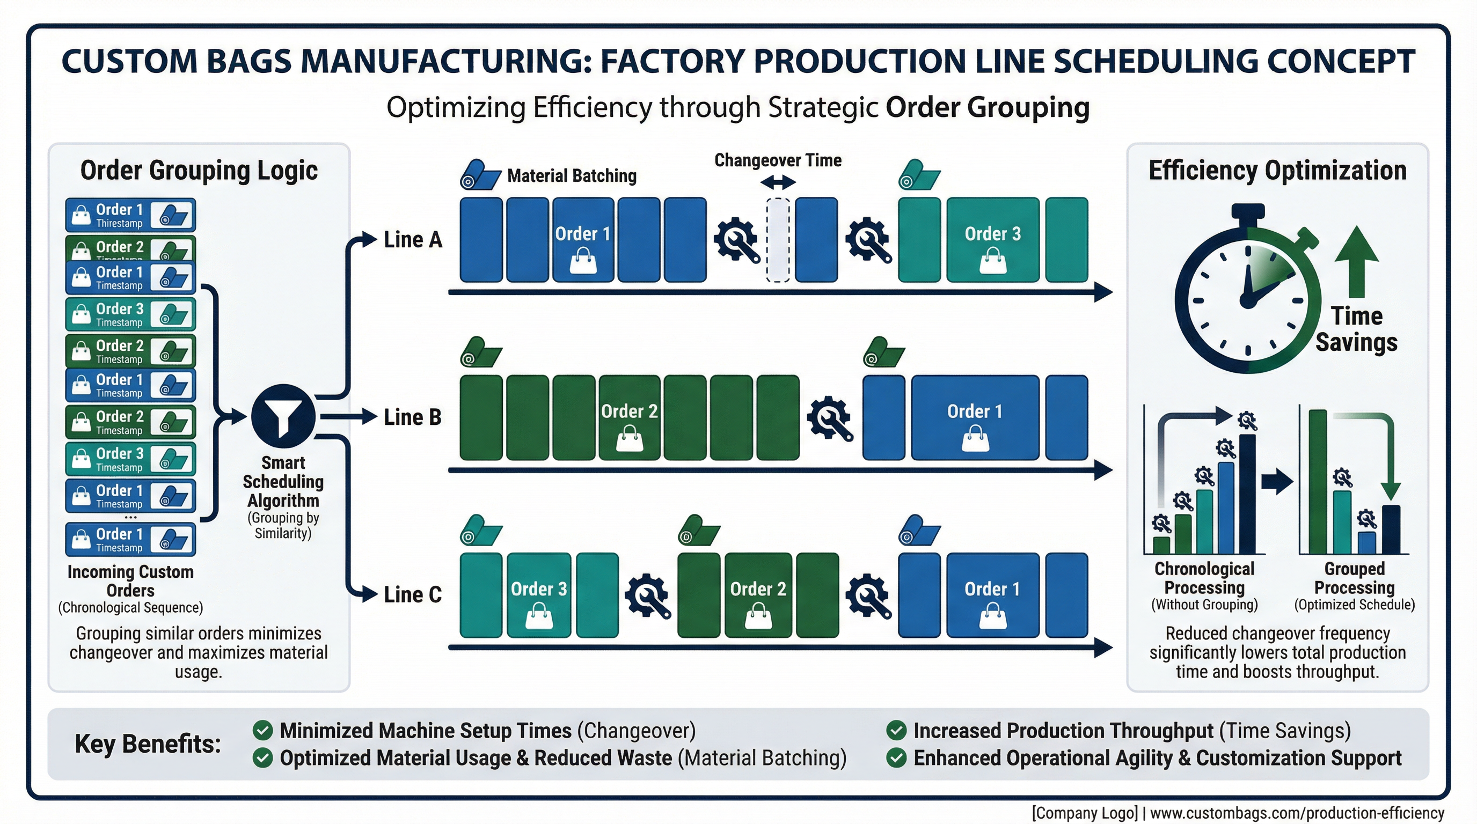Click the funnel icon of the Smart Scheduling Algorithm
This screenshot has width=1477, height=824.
pyautogui.click(x=283, y=417)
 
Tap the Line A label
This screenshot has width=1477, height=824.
pyautogui.click(x=413, y=239)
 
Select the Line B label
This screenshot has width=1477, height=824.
pyautogui.click(x=413, y=417)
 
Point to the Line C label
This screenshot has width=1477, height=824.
pyautogui.click(x=413, y=595)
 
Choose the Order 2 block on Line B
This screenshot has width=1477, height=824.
pyautogui.click(x=629, y=418)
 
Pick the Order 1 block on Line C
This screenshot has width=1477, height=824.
pyautogui.click(x=992, y=595)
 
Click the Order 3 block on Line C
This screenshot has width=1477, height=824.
pyautogui.click(x=538, y=595)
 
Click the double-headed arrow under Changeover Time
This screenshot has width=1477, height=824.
pyautogui.click(x=778, y=183)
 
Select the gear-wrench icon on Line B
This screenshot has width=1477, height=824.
pyautogui.click(x=829, y=418)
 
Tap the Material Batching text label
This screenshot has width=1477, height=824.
pyautogui.click(x=572, y=176)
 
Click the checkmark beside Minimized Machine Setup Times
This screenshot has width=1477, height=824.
pyautogui.click(x=262, y=731)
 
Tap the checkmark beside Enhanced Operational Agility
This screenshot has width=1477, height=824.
pyautogui.click(x=896, y=758)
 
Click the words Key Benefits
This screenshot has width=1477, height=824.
pyautogui.click(x=148, y=744)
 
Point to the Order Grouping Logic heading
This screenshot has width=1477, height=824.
pyautogui.click(x=199, y=170)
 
